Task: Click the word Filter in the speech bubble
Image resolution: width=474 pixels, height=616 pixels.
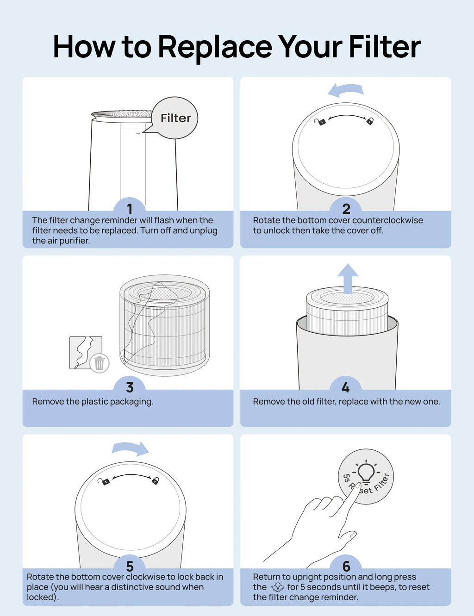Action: coord(176,118)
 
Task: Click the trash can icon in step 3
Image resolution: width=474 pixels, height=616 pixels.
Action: coord(99,363)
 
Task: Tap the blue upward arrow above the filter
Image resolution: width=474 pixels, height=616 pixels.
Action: coord(348,278)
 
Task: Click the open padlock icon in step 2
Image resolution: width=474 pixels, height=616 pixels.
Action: coord(320,122)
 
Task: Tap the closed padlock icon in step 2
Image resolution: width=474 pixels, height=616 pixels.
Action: coord(370,121)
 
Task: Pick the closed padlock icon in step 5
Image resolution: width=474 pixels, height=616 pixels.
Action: coord(155,480)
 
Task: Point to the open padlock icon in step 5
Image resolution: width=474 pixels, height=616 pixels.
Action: coord(104,481)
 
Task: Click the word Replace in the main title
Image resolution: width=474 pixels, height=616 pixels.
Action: coord(215,47)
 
